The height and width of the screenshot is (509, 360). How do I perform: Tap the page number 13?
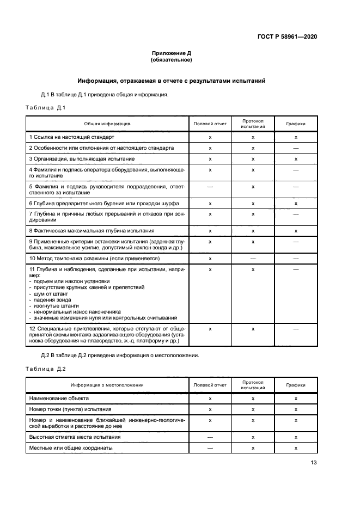(x=314, y=463)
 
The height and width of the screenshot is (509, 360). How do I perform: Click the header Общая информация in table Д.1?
(x=107, y=124)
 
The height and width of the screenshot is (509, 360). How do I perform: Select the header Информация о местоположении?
(x=107, y=385)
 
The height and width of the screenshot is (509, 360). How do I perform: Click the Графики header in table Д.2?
(x=296, y=385)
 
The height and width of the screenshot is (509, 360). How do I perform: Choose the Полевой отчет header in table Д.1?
(x=210, y=124)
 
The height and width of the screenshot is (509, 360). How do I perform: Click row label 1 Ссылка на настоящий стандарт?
(x=72, y=138)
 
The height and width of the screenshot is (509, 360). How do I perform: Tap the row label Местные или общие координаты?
(x=71, y=447)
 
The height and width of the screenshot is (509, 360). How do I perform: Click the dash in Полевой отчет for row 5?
(x=210, y=187)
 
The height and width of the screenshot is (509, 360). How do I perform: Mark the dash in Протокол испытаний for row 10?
(x=253, y=258)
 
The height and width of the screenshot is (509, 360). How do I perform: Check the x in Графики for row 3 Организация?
(x=296, y=158)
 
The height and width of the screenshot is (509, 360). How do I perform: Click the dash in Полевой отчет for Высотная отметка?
(x=210, y=437)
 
